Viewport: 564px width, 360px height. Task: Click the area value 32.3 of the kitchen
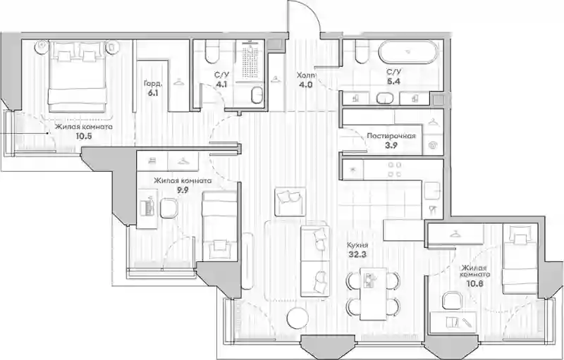[x=356, y=255]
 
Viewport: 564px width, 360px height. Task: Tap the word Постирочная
[x=391, y=136]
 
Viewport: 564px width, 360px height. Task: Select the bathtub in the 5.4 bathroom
[x=409, y=51]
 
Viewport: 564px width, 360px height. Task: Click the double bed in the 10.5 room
[x=78, y=77]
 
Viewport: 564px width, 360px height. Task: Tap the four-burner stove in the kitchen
[x=395, y=170]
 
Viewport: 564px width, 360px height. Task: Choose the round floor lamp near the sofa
[x=298, y=317]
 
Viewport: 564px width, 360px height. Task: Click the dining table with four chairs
[x=373, y=294]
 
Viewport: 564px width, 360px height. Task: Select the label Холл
[x=306, y=75]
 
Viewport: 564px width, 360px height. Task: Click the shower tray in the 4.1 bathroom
[x=250, y=60]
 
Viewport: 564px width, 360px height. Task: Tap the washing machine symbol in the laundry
[x=433, y=146]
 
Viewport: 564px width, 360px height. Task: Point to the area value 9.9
[x=183, y=190]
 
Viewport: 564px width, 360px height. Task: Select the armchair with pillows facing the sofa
[x=290, y=201]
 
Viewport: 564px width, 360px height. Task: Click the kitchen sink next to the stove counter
[x=432, y=190]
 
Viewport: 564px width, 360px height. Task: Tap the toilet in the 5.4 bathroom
[x=361, y=51]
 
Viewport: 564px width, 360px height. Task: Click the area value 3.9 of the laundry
[x=391, y=146]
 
